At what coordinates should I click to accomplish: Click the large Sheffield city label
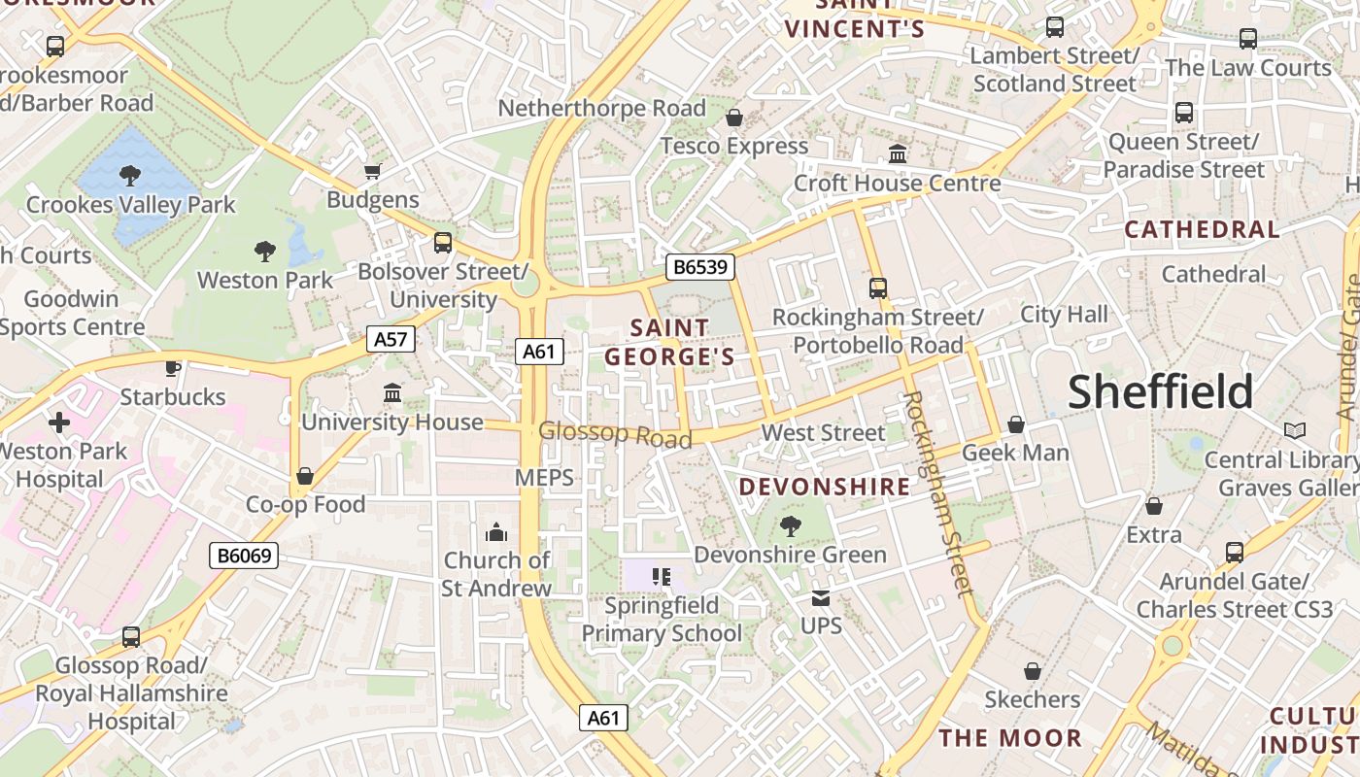point(1161,391)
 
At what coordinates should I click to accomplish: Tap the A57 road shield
point(391,339)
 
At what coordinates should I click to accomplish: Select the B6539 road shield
point(699,267)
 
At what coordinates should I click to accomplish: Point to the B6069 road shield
point(244,556)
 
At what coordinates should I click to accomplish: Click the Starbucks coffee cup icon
point(172,367)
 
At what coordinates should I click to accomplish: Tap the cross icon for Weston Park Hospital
point(59,422)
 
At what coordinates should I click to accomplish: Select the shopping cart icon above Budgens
point(372,172)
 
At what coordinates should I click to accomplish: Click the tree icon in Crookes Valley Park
point(129,176)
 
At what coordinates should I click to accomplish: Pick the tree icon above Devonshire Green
point(790,526)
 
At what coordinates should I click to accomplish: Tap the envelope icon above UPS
point(821,598)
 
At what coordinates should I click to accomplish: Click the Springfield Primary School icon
point(662,577)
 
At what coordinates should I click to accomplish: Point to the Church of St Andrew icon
point(496,532)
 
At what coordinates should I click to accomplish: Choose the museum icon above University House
point(392,393)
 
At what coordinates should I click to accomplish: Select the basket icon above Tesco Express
point(734,118)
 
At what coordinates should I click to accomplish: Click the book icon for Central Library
point(1294,430)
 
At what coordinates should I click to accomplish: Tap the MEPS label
point(544,477)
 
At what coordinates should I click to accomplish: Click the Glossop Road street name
point(615,434)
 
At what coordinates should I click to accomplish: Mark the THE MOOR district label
point(1010,738)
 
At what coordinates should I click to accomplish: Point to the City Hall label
point(1064,314)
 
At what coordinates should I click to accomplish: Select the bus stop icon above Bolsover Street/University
point(443,242)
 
